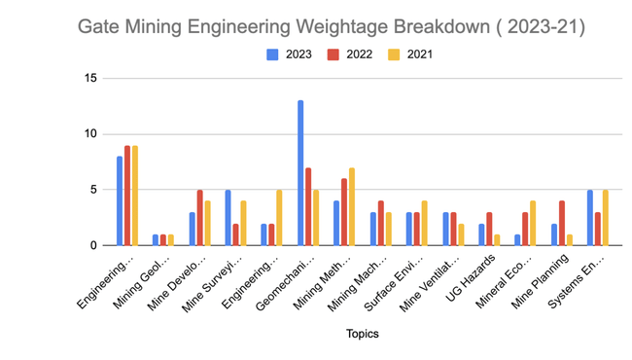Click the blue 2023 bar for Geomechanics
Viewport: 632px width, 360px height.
coord(299,173)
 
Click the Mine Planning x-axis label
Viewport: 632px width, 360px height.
coord(554,276)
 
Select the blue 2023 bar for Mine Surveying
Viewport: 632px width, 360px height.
coord(228,218)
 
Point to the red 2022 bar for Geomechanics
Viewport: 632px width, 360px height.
coord(308,207)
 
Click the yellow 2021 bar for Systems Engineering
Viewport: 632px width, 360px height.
coord(607,218)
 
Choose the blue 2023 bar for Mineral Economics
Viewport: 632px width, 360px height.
coord(517,240)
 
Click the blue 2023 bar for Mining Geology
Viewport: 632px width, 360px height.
coord(156,240)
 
